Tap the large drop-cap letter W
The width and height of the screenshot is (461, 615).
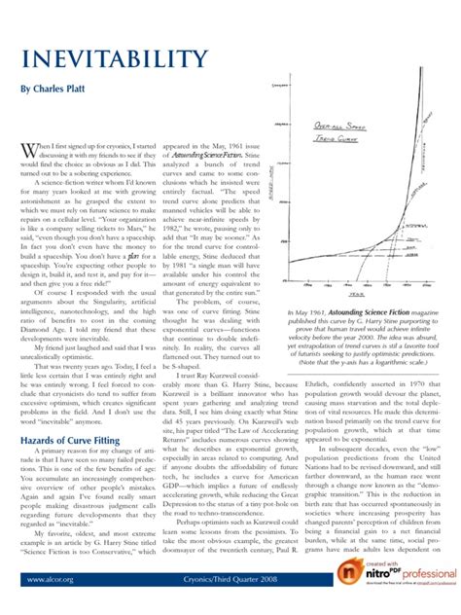(x=31, y=151)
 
